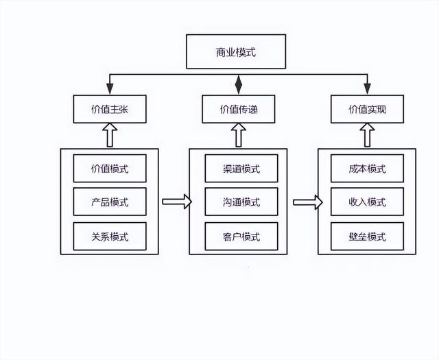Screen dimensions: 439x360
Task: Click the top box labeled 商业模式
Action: click(x=236, y=51)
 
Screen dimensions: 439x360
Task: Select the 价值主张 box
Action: click(x=110, y=109)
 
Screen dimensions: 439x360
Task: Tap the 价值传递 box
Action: click(x=239, y=109)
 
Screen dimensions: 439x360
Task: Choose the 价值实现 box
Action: click(x=368, y=109)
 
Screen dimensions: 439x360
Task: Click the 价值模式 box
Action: click(x=110, y=168)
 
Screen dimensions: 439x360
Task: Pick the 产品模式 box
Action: click(x=110, y=202)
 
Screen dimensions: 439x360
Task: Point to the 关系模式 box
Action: click(x=110, y=237)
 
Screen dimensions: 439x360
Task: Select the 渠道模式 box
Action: click(x=241, y=168)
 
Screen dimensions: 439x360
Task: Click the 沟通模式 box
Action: click(x=241, y=202)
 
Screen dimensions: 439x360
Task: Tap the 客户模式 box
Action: click(x=241, y=237)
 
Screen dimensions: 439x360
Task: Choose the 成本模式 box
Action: click(x=368, y=168)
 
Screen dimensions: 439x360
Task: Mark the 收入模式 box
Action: click(x=368, y=202)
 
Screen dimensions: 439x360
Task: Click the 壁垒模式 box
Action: click(x=368, y=237)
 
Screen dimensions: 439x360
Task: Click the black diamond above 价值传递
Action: click(x=238, y=84)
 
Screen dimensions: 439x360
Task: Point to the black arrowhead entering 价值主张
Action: click(x=110, y=88)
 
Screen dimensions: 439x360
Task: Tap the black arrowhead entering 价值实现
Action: click(x=368, y=88)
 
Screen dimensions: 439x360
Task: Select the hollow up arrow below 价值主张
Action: click(x=110, y=135)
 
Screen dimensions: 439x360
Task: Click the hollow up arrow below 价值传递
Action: click(x=239, y=135)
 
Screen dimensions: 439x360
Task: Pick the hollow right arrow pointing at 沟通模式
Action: click(x=177, y=202)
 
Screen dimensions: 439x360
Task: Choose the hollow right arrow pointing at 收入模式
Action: click(x=308, y=202)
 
